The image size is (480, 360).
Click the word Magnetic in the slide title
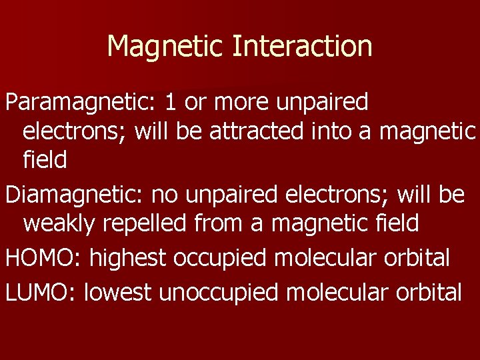point(166,47)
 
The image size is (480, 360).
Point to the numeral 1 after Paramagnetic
point(171,102)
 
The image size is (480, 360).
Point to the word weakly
point(60,223)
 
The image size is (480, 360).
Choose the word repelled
point(145,223)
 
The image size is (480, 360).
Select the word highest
point(127,257)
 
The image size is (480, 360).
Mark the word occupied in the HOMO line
point(217,257)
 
